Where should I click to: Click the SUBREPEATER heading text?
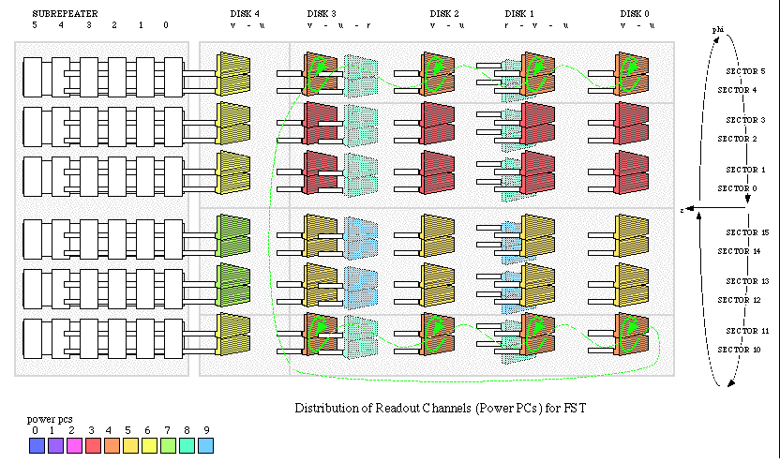pos(65,14)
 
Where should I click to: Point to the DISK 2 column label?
pos(444,14)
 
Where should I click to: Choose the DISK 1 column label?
pos(519,14)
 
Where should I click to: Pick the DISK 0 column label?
pos(635,14)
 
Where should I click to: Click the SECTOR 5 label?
pos(746,71)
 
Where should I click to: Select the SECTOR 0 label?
pos(736,188)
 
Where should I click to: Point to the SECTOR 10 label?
pos(738,350)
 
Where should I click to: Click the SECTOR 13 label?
pos(747,281)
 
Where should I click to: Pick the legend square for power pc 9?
pos(206,446)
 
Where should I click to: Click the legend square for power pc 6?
pos(150,446)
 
